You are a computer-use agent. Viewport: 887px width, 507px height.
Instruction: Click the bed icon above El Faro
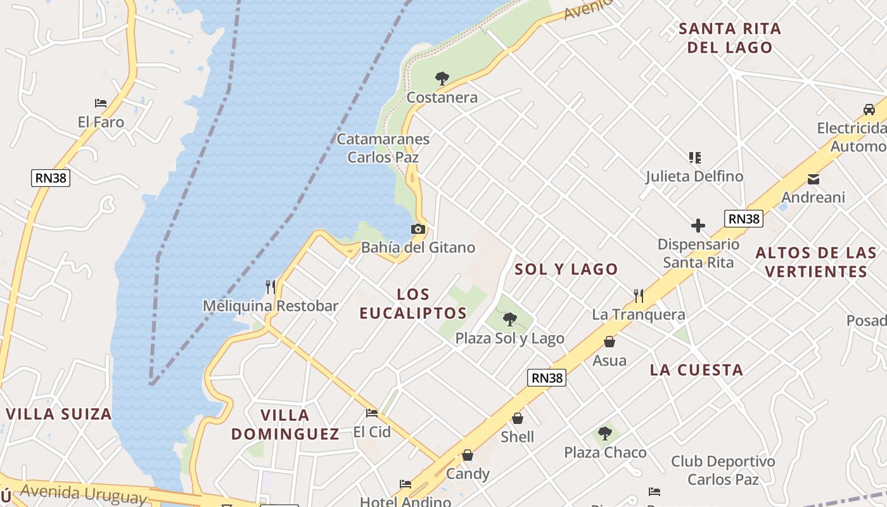[x=101, y=103]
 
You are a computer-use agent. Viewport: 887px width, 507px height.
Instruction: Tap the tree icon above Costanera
[x=442, y=79]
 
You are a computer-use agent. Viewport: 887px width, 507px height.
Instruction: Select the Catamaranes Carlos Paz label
[x=383, y=148]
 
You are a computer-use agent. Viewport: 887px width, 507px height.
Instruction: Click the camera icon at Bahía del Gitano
[x=418, y=229]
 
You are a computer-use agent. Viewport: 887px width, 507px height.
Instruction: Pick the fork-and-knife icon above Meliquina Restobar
[x=271, y=286]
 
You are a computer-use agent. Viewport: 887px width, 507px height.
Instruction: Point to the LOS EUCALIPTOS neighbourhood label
[x=413, y=304]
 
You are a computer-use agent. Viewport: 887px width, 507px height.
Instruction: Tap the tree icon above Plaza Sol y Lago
[x=509, y=319]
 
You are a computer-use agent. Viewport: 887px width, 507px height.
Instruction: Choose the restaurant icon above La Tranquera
[x=639, y=295]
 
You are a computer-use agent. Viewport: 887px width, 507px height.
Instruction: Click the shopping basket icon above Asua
[x=609, y=342]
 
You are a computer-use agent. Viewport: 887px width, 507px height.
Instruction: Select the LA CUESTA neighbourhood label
[x=696, y=370]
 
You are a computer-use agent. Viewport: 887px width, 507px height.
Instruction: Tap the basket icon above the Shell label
[x=518, y=418]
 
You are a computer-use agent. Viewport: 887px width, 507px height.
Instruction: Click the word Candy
[x=468, y=474]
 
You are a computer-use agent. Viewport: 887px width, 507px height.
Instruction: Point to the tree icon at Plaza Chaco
[x=605, y=433]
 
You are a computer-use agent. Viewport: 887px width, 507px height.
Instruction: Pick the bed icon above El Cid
[x=372, y=413]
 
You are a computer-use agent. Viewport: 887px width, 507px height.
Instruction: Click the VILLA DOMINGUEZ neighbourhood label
[x=285, y=425]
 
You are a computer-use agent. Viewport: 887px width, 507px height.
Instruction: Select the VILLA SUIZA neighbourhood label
[x=59, y=414]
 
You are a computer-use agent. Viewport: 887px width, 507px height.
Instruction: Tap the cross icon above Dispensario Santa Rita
[x=698, y=226]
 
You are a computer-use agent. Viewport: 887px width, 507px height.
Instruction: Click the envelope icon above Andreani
[x=814, y=179]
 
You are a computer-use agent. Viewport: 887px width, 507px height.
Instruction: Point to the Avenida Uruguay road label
[x=83, y=493]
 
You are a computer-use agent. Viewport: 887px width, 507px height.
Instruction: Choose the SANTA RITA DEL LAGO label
[x=730, y=38]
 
